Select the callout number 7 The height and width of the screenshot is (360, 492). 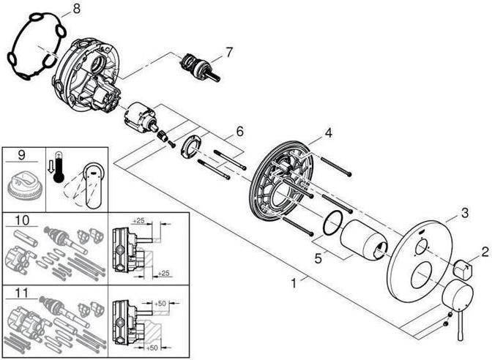(x=228, y=53)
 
